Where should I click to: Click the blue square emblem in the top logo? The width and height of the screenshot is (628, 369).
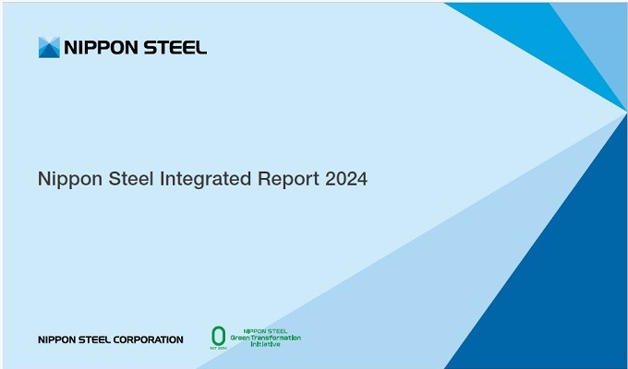[x=49, y=47]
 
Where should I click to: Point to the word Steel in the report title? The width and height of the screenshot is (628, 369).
[x=131, y=179]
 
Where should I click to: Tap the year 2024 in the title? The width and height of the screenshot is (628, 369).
[x=346, y=179]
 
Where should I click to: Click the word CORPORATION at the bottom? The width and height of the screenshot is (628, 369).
[x=147, y=339]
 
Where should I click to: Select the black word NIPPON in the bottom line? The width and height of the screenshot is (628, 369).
[x=55, y=339]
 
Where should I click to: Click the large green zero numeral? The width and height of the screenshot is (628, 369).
[x=218, y=334]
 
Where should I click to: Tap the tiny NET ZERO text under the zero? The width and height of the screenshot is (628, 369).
[x=218, y=347]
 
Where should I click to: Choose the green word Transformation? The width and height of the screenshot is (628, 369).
[x=281, y=336]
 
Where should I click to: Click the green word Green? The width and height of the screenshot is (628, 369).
[x=251, y=336]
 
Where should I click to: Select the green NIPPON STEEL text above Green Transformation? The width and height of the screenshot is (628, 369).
[x=266, y=330]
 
